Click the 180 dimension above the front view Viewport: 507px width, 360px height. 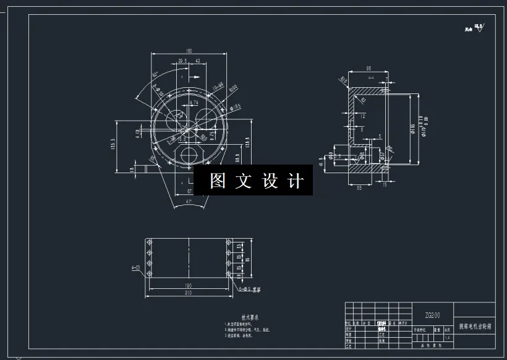point(189,51)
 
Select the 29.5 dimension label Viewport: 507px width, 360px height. point(182,61)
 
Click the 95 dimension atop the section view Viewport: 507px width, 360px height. point(368,69)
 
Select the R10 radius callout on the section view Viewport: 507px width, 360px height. point(344,79)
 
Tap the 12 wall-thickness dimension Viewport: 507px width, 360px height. point(362,116)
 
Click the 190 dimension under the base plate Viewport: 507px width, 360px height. point(189,286)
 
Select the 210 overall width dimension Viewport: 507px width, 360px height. point(189,294)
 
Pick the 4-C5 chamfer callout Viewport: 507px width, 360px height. point(135,267)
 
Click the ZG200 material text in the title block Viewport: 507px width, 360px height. point(433,315)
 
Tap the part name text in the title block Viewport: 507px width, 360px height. point(474,325)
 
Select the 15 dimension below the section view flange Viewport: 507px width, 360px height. point(385,184)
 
